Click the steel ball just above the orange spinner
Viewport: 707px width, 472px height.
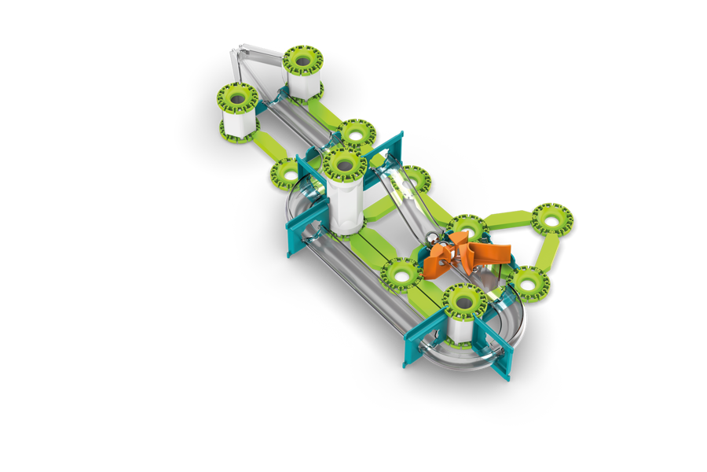tap(432, 239)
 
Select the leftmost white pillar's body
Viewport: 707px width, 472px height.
tap(237, 122)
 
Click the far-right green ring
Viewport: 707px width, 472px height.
tap(551, 218)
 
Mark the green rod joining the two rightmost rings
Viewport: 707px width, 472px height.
tap(548, 252)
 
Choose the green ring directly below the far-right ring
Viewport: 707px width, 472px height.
tap(528, 283)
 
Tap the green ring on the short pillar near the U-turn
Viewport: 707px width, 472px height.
tap(464, 301)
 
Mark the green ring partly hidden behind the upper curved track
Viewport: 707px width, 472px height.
tap(287, 172)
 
